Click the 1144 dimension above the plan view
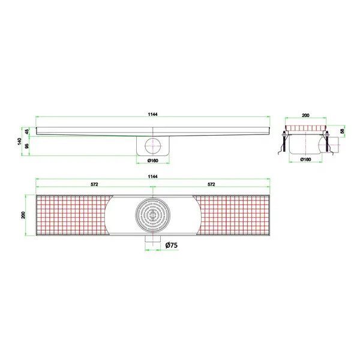click(153, 176)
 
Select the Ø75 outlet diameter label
click(171, 245)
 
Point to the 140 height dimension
click(20, 143)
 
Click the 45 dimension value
click(28, 131)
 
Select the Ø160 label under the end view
click(305, 160)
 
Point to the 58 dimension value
click(343, 131)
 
